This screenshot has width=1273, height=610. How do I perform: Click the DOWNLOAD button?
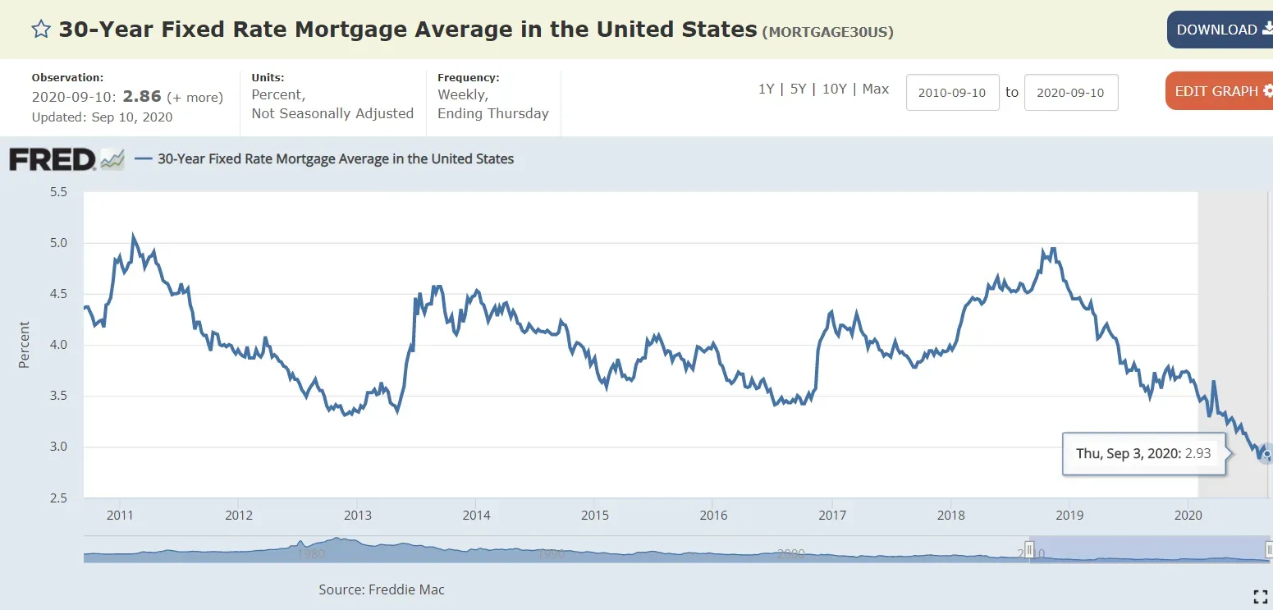1220,30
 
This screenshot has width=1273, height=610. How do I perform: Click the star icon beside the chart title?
41,30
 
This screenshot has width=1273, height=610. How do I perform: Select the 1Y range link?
766,89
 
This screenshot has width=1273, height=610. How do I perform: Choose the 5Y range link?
798,89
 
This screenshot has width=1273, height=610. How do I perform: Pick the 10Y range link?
834,89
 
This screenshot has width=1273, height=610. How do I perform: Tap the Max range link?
876,89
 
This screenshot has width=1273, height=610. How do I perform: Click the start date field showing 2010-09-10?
952,93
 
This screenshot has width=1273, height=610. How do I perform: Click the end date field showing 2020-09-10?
1070,93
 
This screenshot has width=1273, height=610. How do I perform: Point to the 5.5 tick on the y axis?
59,192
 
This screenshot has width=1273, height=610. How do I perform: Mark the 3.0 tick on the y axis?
59,447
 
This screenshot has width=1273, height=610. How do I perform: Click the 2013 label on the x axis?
357,516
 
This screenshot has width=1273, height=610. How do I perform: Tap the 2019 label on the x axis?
1069,516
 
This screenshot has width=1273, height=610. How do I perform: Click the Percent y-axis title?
24,345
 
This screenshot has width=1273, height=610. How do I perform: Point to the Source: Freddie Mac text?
382,589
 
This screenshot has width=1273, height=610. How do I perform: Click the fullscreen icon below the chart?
1260,597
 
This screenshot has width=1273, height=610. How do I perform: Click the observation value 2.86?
142,97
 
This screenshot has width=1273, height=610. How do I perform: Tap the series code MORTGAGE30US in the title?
827,33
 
